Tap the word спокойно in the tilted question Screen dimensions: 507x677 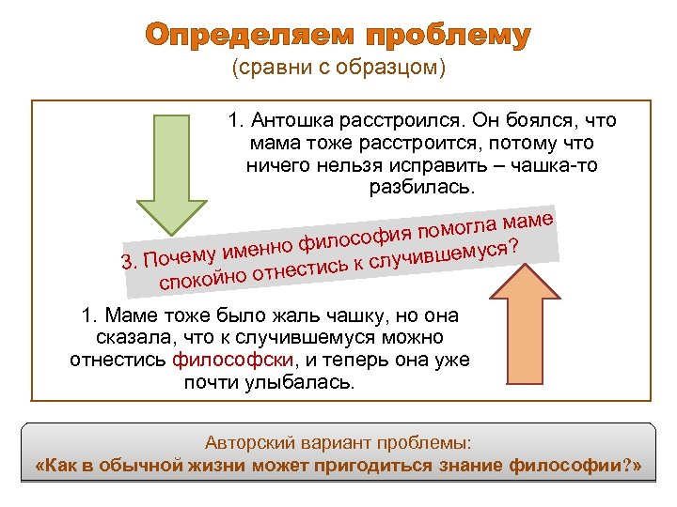(203, 278)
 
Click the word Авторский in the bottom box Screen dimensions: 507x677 (246, 441)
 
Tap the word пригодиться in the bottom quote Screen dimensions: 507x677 (370, 465)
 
